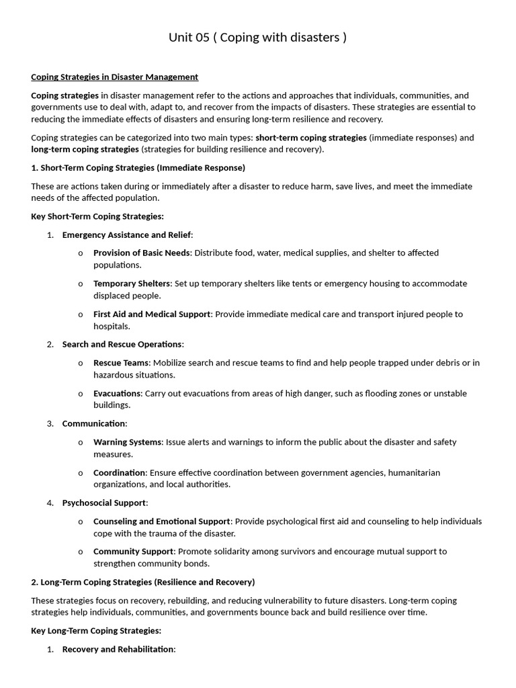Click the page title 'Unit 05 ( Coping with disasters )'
(258, 38)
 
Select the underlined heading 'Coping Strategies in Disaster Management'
(114, 77)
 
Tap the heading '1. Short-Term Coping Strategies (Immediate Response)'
(138, 167)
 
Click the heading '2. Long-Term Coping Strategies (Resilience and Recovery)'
(143, 582)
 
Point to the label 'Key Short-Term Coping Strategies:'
(97, 216)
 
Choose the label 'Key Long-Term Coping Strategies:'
(96, 631)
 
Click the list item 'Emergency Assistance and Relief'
(127, 234)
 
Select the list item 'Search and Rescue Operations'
(122, 345)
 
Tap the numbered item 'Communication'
(94, 424)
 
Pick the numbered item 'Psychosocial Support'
(104, 503)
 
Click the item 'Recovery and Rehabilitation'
(118, 650)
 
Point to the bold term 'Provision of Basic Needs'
(142, 253)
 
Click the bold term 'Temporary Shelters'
(132, 284)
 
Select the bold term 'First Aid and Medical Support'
(153, 314)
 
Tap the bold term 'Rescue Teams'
(121, 363)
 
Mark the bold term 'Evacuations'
(118, 394)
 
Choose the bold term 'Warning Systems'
(128, 442)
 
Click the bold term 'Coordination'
(120, 473)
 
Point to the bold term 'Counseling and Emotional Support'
(161, 521)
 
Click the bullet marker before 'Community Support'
(81, 552)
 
